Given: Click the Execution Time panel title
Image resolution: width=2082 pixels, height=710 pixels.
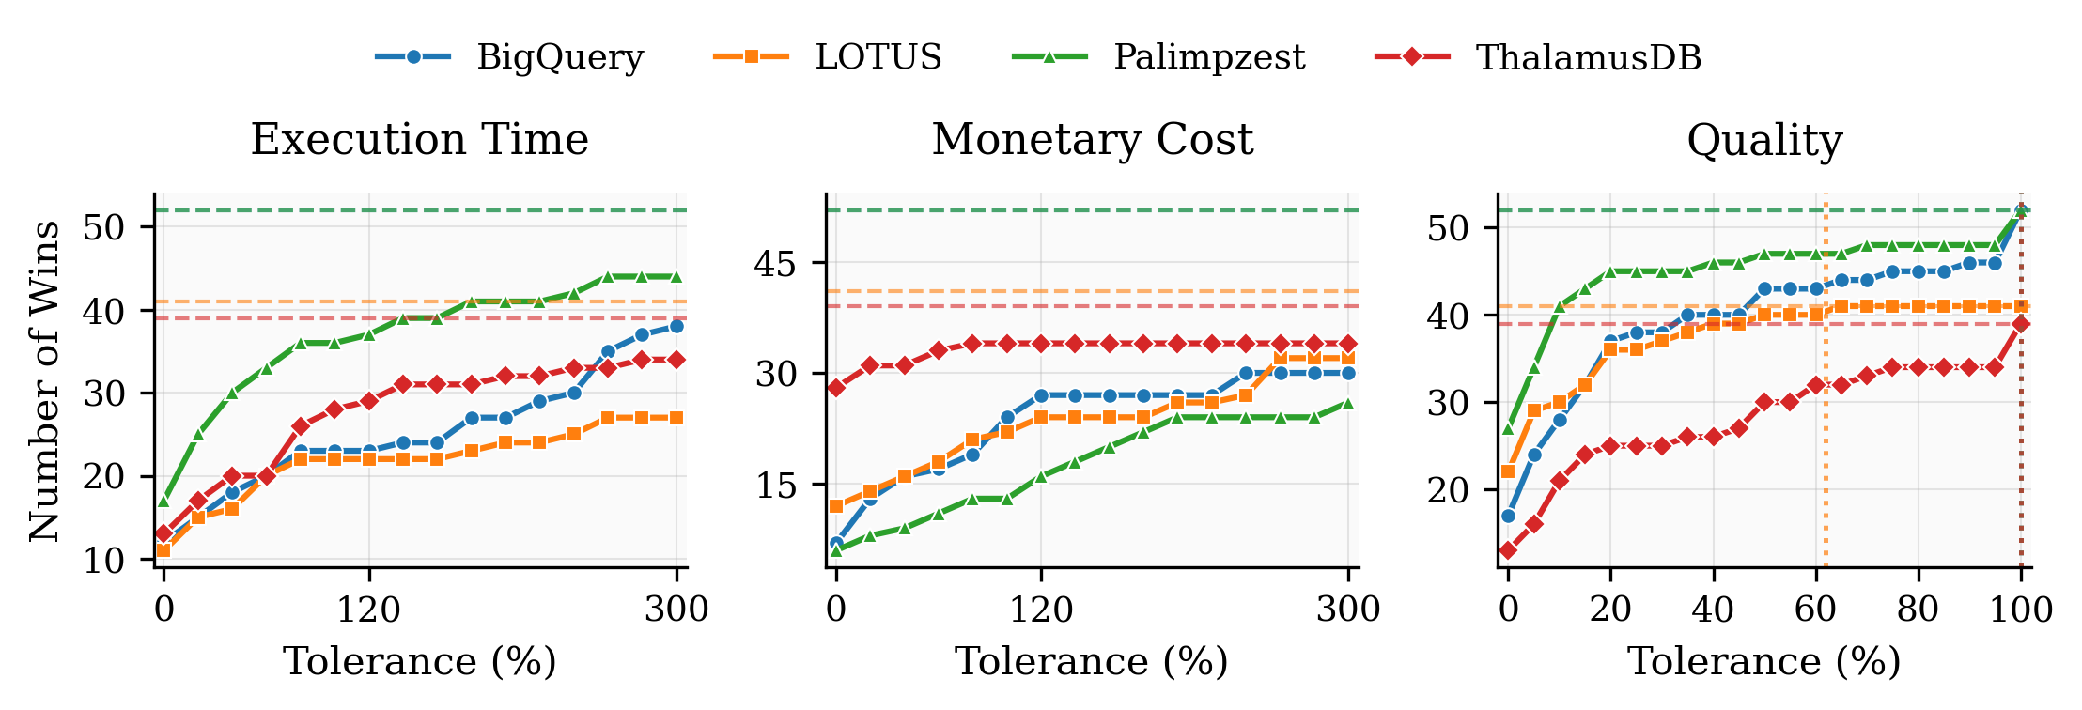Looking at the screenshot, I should (419, 140).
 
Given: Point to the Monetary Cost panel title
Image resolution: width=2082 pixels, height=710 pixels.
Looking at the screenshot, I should (1092, 140).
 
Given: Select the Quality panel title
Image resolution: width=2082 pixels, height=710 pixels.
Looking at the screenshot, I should (1763, 140).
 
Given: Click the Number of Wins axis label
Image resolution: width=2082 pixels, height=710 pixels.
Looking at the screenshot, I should (43, 380).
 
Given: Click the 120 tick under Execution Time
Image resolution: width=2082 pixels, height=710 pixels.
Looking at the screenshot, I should (369, 610).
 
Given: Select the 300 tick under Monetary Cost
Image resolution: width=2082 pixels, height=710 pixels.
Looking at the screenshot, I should (1348, 610).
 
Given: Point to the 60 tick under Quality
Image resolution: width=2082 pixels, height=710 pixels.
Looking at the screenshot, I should (1815, 610).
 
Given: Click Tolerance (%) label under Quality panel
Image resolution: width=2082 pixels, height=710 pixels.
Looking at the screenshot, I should (1763, 662).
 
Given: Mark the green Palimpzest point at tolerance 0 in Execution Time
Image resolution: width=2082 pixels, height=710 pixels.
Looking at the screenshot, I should (163, 501).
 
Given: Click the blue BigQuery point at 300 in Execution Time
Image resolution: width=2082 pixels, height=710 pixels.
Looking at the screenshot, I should (676, 327).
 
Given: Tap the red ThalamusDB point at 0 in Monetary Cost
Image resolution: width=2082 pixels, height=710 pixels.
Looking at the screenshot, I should (836, 387).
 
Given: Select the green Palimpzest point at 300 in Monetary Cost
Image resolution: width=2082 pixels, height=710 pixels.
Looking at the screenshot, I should (1348, 403).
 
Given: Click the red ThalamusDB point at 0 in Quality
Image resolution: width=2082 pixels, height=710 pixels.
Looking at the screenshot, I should (1508, 550).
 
